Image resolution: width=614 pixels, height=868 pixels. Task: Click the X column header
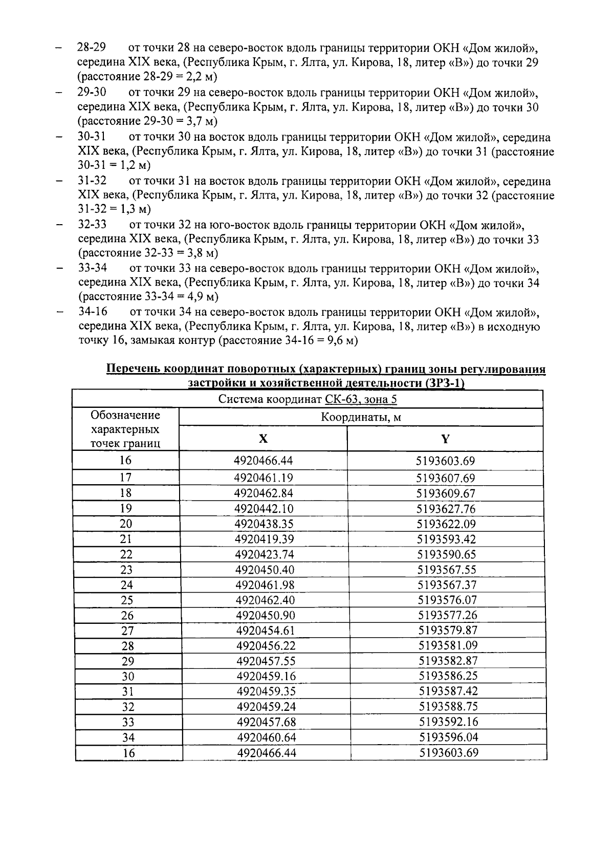point(263,439)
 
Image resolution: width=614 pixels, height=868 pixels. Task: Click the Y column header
point(445,439)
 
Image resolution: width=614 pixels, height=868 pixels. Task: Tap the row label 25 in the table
point(127,600)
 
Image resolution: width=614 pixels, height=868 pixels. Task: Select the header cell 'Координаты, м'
point(361,417)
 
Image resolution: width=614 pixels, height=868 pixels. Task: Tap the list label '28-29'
point(92,49)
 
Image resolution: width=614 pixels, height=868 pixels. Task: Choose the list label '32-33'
point(92,225)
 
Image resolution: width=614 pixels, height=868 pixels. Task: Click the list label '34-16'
point(93,312)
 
